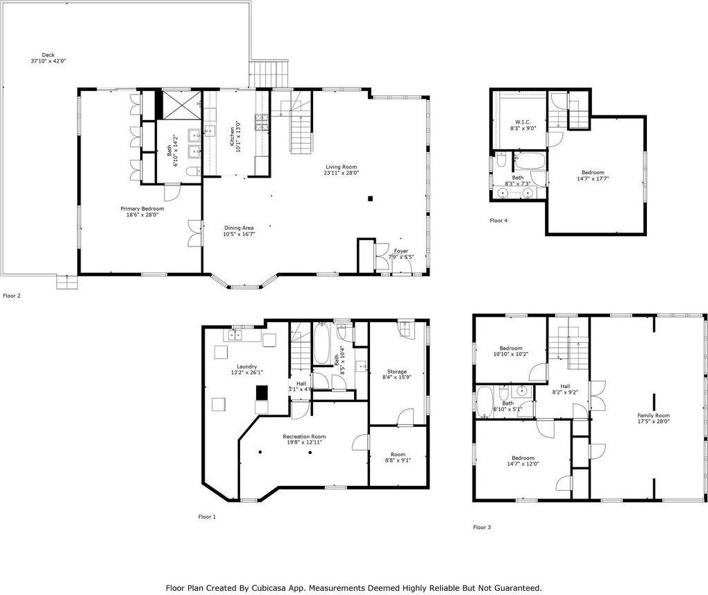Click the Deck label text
[x=48, y=56]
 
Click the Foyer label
[x=401, y=251]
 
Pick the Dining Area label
[x=239, y=228]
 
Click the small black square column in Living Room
[x=371, y=199]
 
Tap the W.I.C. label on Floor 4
[x=523, y=122]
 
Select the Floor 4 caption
[x=498, y=220]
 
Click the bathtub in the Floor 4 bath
[x=532, y=164]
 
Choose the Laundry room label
[x=246, y=367]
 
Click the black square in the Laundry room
[x=262, y=392]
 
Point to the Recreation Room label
[x=304, y=437]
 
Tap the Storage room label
[x=396, y=371]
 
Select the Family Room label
[x=653, y=415]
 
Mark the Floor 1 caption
[x=207, y=517]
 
